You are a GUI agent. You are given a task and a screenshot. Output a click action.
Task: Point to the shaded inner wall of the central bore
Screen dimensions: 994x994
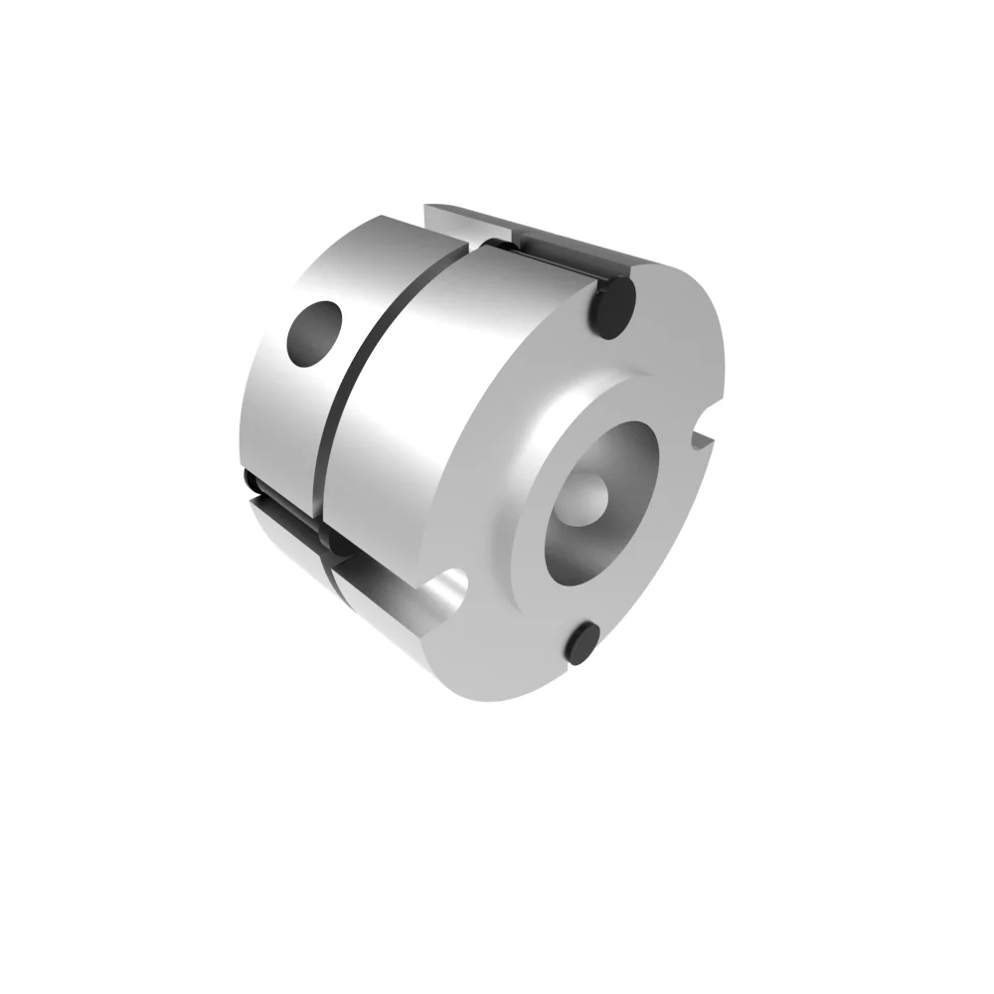coord(572,542)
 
